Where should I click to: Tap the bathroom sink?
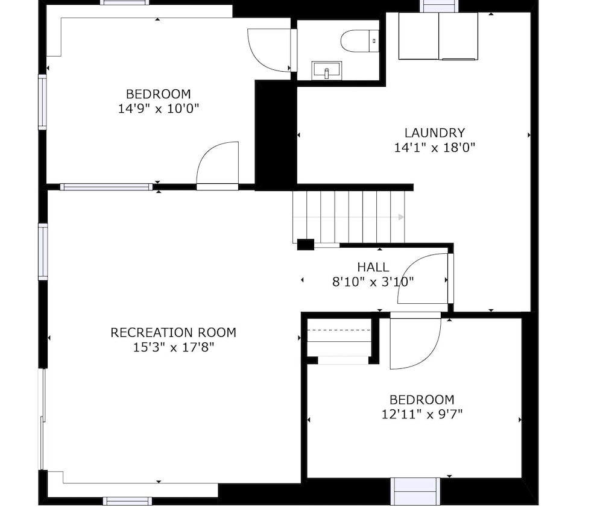pos(326,71)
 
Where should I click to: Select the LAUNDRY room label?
pos(435,133)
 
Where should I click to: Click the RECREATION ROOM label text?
pos(173,332)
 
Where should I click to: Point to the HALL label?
pos(373,266)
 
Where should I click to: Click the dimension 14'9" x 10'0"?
pos(159,109)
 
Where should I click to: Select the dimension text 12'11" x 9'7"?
pos(422,414)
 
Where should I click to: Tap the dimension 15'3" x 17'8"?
pos(173,347)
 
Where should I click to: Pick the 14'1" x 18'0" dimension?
pos(435,148)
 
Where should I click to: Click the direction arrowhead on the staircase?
pos(401,217)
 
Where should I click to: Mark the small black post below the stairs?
pos(306,244)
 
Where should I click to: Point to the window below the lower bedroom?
pos(415,491)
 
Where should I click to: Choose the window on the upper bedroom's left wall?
pos(42,102)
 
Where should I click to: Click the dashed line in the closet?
pos(339,330)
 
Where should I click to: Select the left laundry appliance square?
pos(419,36)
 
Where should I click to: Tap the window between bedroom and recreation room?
pos(107,187)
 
